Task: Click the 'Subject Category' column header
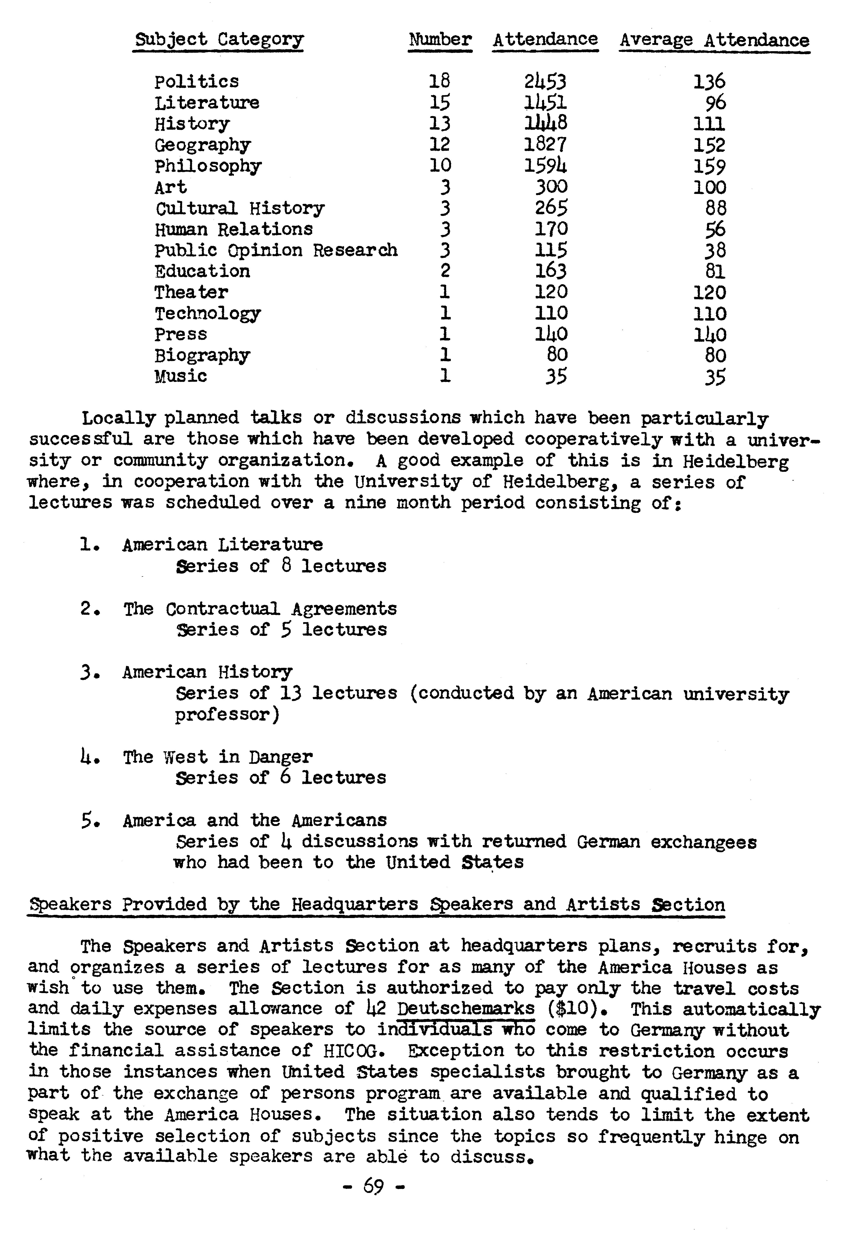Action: (x=218, y=40)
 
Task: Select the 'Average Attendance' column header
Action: (x=714, y=40)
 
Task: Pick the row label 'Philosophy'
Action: (x=208, y=166)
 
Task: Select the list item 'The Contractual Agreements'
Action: (x=260, y=608)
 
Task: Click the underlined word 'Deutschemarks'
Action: (x=466, y=1009)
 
